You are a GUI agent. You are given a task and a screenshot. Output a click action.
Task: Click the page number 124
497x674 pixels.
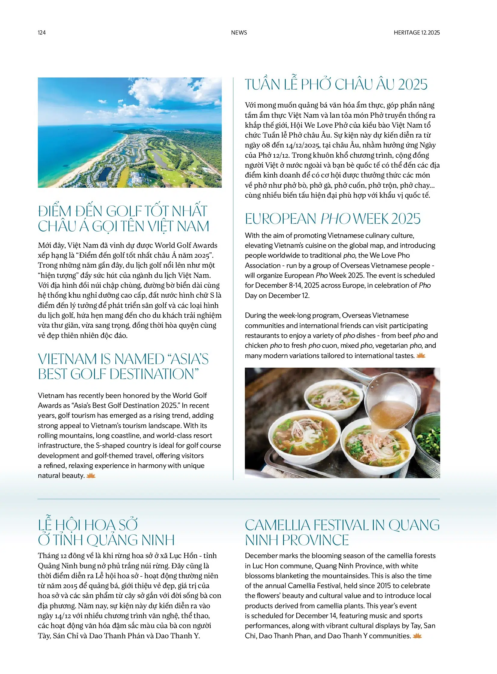(x=41, y=32)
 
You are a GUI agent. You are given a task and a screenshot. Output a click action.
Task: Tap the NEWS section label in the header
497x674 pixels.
(x=239, y=32)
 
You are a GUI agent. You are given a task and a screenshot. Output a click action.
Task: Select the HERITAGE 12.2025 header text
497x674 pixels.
(x=417, y=32)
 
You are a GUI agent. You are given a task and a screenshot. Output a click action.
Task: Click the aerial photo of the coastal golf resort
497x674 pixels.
(x=130, y=132)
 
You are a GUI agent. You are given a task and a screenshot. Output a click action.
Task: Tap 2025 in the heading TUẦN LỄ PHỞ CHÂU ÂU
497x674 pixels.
(x=413, y=84)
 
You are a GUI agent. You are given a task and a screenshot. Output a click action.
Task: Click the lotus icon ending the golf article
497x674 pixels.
(x=90, y=475)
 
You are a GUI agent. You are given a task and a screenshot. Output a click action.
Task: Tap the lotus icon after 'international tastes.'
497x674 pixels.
(x=421, y=356)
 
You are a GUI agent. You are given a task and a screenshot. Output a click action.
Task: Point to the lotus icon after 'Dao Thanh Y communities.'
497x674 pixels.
(x=417, y=636)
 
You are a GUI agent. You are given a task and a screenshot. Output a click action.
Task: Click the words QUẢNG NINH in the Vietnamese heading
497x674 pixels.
(x=130, y=540)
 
